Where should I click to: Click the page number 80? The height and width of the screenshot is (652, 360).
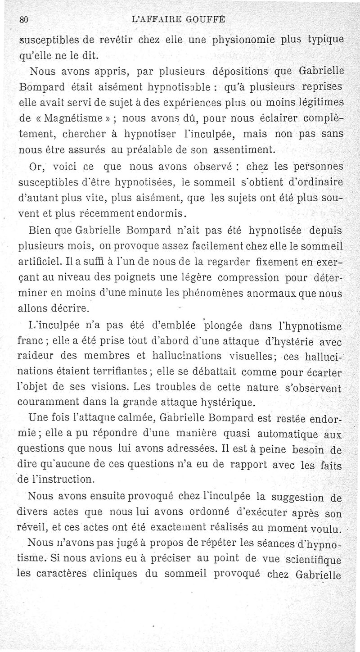pyautogui.click(x=24, y=19)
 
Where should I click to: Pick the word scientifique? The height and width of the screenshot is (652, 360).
pyautogui.click(x=313, y=561)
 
